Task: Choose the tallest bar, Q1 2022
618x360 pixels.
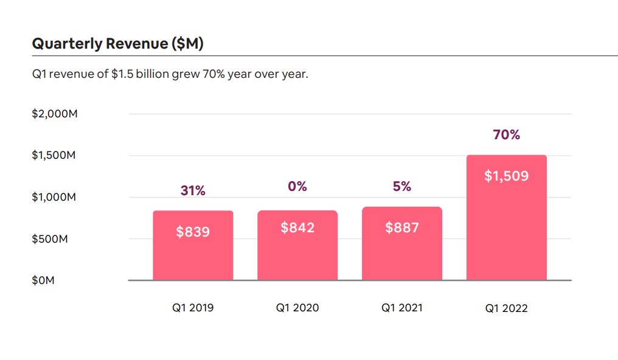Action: click(507, 231)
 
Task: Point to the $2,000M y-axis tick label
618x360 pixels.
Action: click(55, 114)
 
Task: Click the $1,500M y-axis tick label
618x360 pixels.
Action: click(55, 155)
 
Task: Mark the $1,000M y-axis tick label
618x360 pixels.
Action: click(55, 197)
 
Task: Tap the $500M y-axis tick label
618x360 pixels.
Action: click(50, 238)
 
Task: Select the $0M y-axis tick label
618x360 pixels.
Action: click(43, 280)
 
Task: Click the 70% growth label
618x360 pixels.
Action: click(507, 135)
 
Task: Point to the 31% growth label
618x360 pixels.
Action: click(193, 190)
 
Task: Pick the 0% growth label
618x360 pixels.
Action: click(297, 187)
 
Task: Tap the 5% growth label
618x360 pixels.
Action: click(402, 187)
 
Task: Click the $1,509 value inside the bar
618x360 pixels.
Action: click(507, 176)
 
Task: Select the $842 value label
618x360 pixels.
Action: click(297, 228)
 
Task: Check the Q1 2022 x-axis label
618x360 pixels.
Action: click(507, 308)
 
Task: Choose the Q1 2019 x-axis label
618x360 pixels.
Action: click(193, 308)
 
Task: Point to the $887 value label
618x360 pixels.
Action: click(402, 228)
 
